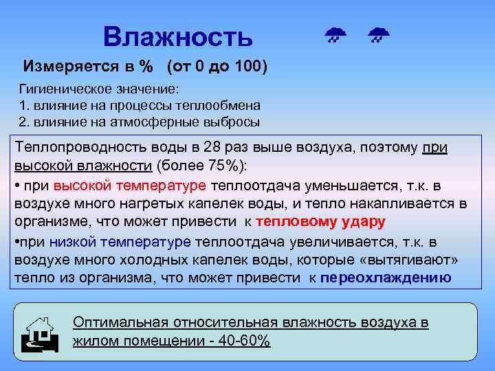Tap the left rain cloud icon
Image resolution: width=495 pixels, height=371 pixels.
335,34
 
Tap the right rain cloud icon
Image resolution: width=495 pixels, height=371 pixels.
377,34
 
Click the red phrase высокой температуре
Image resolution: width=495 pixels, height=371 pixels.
129,185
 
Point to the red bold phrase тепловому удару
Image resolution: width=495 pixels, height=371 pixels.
320,222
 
